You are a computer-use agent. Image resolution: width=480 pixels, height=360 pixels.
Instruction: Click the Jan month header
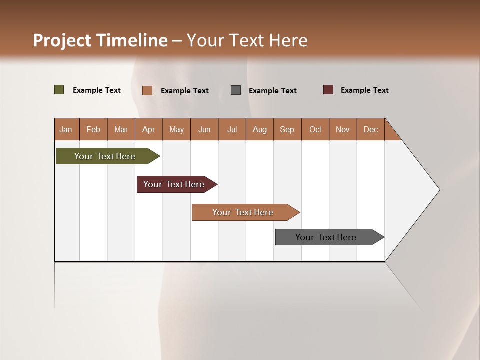click(66, 129)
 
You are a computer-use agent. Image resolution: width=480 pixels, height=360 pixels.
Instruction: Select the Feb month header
click(93, 129)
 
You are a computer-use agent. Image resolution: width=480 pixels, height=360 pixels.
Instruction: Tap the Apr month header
click(149, 129)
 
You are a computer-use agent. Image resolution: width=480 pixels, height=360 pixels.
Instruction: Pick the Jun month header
click(204, 129)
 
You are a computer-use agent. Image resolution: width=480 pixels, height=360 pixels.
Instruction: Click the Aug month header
click(260, 129)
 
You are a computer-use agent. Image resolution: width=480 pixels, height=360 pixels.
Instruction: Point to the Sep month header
click(287, 129)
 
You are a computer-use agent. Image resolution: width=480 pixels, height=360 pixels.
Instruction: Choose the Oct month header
click(315, 129)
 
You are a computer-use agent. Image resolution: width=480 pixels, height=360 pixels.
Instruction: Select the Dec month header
click(371, 129)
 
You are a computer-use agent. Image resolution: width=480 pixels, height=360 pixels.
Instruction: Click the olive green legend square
click(59, 90)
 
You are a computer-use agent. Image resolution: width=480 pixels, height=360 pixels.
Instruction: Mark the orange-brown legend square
click(147, 90)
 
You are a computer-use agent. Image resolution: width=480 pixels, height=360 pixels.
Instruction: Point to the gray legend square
click(236, 90)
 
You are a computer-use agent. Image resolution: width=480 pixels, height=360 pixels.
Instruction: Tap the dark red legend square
click(328, 90)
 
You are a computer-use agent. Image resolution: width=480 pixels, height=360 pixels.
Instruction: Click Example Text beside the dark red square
click(365, 90)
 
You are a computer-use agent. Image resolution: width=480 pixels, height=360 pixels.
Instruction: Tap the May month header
click(176, 129)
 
